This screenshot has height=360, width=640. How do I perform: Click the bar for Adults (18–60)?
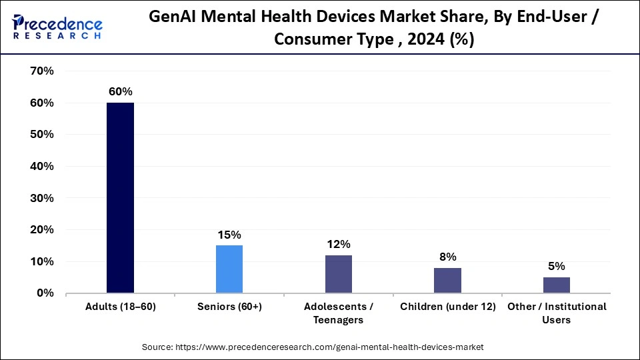tap(120, 198)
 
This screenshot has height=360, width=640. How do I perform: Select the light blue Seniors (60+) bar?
tap(229, 269)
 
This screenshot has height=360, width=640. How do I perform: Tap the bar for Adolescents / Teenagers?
tap(339, 273)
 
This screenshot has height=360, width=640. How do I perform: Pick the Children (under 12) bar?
tap(447, 280)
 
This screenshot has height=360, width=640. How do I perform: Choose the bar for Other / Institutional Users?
tap(557, 285)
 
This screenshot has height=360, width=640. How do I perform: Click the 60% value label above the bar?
tap(121, 92)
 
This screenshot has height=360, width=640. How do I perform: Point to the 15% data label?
tap(229, 235)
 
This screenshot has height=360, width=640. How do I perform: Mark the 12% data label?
tap(339, 244)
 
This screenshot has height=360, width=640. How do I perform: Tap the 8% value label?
tap(447, 257)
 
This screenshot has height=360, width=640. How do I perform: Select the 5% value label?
tap(557, 266)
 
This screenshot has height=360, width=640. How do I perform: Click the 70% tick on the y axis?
tap(41, 71)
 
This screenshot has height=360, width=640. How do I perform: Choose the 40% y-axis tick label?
tap(41, 166)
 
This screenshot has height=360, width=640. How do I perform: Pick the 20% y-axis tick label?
tap(41, 230)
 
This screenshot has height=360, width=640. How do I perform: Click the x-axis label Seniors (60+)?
tap(229, 307)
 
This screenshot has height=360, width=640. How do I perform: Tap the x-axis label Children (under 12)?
tap(447, 307)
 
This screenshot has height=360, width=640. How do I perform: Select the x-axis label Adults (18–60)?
tap(120, 307)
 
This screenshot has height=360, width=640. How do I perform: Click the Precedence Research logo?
tap(57, 27)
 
